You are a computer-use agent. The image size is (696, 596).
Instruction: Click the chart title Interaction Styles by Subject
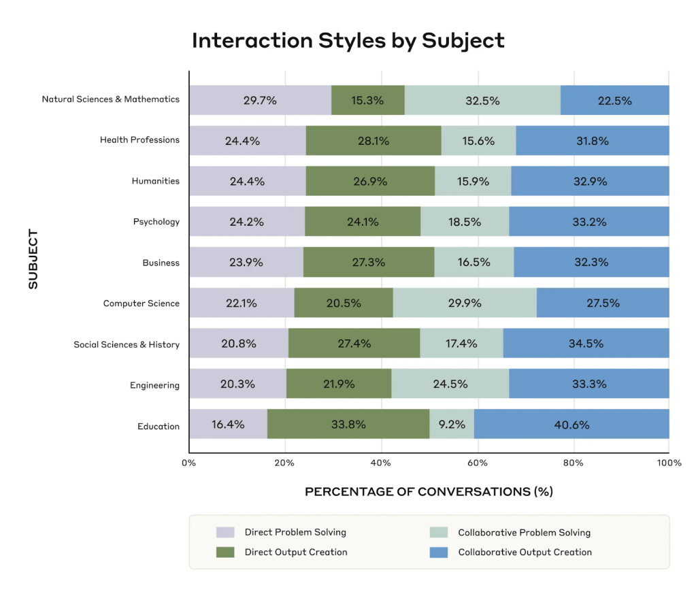pos(348,41)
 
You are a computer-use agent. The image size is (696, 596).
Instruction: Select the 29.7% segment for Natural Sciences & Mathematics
pos(260,101)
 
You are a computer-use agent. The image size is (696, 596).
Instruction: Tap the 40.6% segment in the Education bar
pos(571,425)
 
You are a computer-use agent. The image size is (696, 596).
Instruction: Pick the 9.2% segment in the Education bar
pos(452,425)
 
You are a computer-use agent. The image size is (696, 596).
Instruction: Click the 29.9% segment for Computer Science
pos(465,303)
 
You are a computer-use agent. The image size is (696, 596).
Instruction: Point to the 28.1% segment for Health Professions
pos(374,142)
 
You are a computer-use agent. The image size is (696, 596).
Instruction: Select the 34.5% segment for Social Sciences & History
pos(586,344)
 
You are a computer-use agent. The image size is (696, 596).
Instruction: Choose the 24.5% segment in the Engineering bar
pos(450,384)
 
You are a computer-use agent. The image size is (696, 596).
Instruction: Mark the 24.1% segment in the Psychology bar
pos(363,222)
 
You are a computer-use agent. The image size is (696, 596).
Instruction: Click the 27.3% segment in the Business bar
pos(369,262)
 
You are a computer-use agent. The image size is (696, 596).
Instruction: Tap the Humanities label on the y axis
pos(156,181)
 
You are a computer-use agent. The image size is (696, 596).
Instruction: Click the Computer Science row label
pos(142,303)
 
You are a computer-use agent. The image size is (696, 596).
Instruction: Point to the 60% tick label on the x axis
pos(478,463)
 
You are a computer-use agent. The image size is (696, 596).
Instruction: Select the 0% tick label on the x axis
pos(188,463)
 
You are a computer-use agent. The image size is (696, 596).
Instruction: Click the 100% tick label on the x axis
pos(669,463)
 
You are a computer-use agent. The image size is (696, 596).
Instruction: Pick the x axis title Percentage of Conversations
pos(429,492)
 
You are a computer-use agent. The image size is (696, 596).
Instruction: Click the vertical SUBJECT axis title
pos(33,259)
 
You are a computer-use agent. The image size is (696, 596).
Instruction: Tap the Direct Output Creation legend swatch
pos(225,552)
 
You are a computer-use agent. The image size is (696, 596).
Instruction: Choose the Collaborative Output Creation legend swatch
pos(439,552)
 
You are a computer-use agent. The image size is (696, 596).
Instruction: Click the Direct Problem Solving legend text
pos(295,532)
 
